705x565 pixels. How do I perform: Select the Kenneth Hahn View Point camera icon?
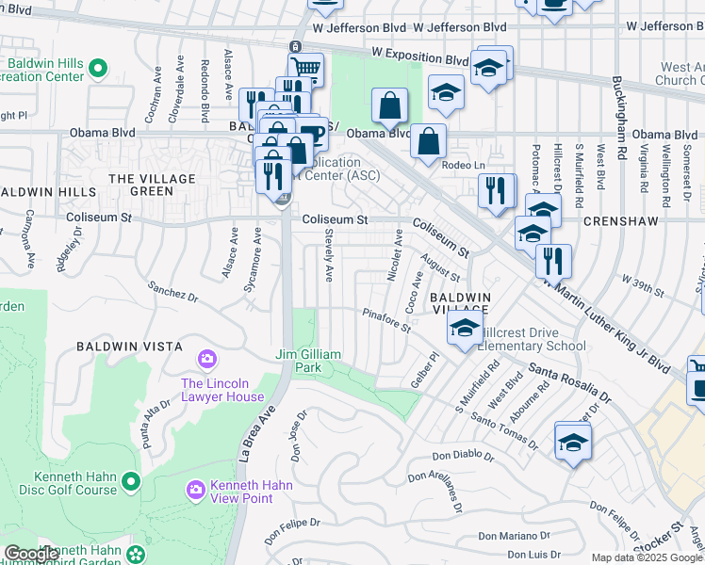point(195,488)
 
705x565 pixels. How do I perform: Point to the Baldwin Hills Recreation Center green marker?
point(100,69)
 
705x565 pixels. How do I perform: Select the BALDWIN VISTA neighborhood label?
point(130,347)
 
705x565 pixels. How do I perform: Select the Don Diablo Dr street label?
point(464,457)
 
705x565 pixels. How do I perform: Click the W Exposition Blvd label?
point(419,58)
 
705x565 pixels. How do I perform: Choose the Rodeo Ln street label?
point(465,164)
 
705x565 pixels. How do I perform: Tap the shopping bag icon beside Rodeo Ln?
point(428,141)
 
